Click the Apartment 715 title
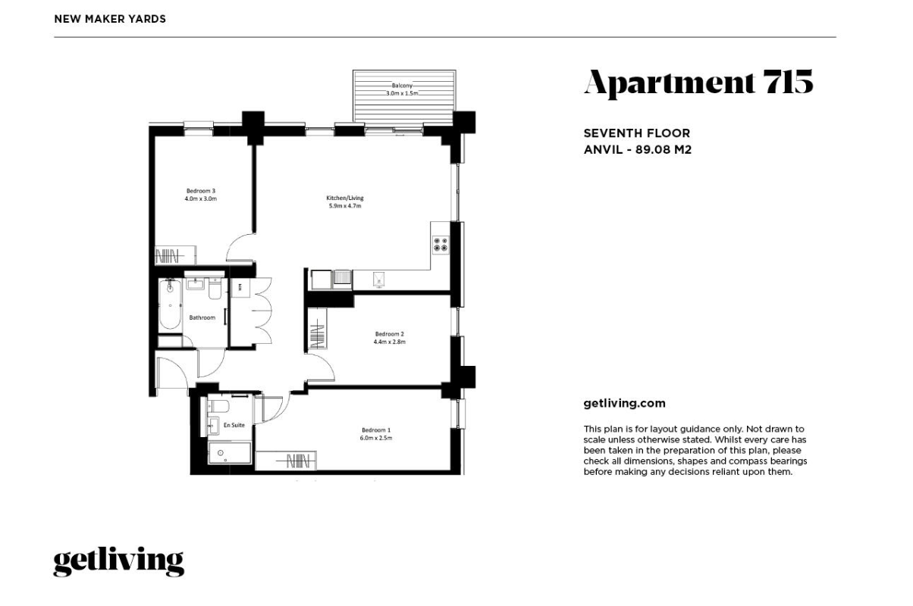[x=698, y=83]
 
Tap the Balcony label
[x=402, y=86]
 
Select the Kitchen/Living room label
[x=345, y=198]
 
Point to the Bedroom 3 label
[x=200, y=191]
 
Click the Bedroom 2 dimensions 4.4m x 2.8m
[x=390, y=342]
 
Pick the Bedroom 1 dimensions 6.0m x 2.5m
[x=376, y=438]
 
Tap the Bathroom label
[x=202, y=317]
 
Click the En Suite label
[x=234, y=425]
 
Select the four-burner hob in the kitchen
[x=441, y=245]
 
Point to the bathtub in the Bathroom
[x=170, y=304]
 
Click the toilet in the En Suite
[x=219, y=406]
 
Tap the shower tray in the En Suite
[x=230, y=453]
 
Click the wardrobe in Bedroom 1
[x=286, y=461]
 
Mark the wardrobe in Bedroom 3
[x=176, y=256]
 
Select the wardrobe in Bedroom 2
[x=317, y=330]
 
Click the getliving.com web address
[x=624, y=404]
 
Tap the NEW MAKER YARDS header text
[x=110, y=19]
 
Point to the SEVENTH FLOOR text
[x=637, y=133]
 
